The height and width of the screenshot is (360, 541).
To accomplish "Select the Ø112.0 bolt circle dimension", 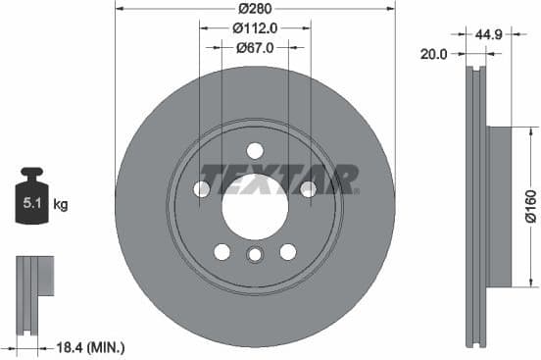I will point(255,28).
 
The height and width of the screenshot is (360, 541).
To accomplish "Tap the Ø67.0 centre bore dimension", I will point(255,47).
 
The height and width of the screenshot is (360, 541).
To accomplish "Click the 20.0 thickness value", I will point(434,55).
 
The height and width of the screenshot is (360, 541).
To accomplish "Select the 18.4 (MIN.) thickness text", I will point(91,347).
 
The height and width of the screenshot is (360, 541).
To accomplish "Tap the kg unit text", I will point(61,205).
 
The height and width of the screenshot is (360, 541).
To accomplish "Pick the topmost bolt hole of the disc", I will point(255,150).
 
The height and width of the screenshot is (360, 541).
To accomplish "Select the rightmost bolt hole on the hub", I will point(308,188).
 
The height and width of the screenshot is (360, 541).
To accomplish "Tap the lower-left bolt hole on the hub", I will point(222,251).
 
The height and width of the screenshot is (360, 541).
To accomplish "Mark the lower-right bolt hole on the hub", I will point(287,251).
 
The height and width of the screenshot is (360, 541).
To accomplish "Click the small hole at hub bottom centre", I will point(255,255).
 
